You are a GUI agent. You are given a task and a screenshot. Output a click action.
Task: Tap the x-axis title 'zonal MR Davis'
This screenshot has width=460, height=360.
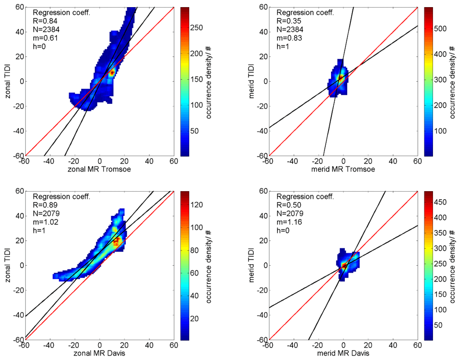100,354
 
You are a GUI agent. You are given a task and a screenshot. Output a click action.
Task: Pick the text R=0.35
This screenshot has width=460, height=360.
288,21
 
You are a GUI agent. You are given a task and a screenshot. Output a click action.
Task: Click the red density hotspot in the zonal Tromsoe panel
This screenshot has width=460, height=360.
112,73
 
